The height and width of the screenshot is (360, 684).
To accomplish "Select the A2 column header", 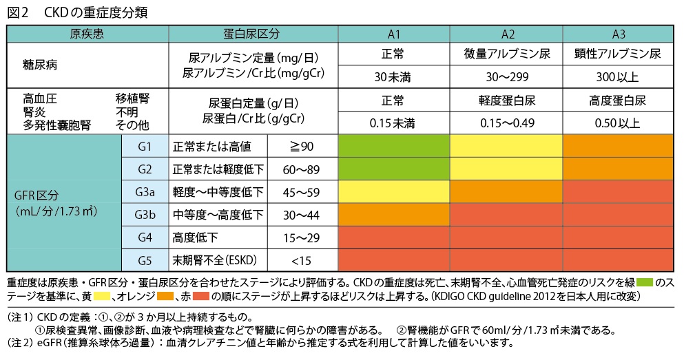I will point(508,34).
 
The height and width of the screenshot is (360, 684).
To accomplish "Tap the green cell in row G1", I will point(394,147).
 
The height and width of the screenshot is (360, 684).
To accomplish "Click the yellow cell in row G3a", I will point(394,192).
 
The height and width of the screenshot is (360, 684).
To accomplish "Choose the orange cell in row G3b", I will point(394,215).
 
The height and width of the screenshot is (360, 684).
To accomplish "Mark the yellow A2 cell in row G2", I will point(508,169).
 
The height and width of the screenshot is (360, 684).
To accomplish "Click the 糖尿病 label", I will point(40,65).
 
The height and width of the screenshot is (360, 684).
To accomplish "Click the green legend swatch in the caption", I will point(644,282).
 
